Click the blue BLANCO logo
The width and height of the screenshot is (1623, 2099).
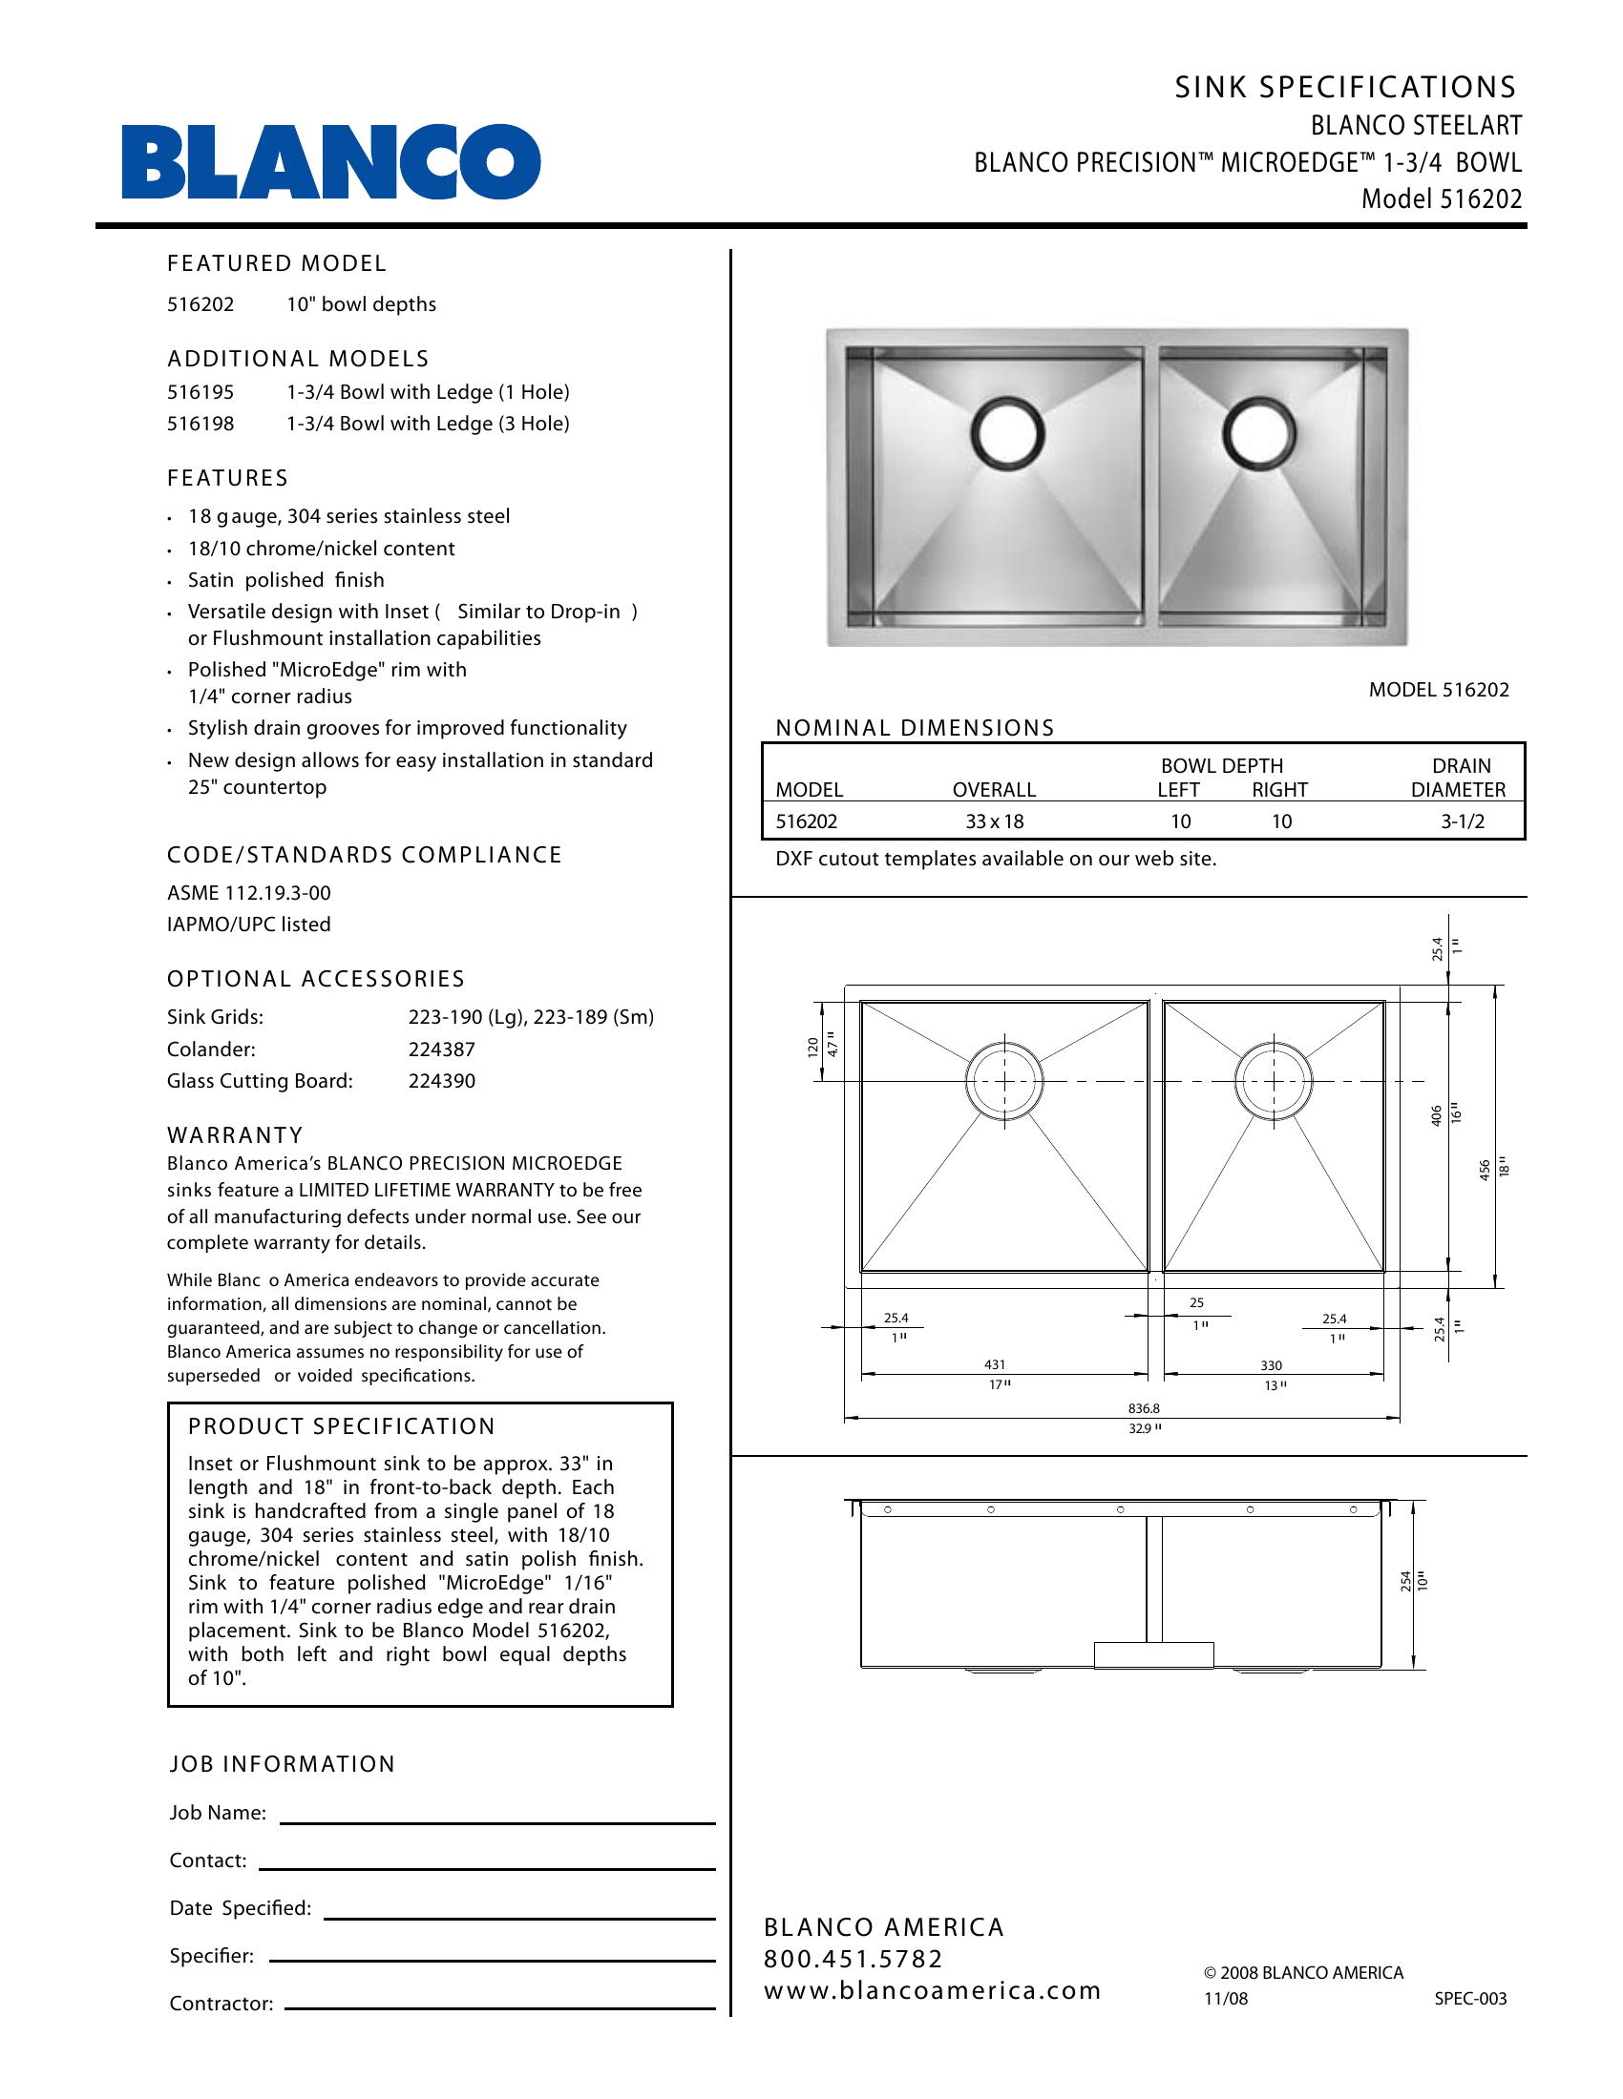[x=330, y=161]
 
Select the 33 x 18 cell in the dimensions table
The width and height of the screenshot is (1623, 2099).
[x=994, y=821]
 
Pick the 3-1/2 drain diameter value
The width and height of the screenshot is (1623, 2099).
[x=1463, y=821]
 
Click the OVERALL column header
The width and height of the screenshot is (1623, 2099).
[x=994, y=790]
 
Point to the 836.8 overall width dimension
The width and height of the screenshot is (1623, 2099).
[x=1143, y=1409]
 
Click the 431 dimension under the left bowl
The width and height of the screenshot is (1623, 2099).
[x=994, y=1364]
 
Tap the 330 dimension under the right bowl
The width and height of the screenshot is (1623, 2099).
[x=1271, y=1365]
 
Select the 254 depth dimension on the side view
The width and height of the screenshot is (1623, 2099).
[x=1405, y=1581]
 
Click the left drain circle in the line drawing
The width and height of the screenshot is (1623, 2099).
[x=1003, y=1081]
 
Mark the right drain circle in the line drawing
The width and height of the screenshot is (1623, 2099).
[x=1272, y=1081]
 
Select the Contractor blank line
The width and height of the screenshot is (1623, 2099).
[x=500, y=2006]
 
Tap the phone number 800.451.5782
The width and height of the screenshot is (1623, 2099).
[x=853, y=1959]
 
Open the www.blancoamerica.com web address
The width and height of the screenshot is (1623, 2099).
[x=932, y=1990]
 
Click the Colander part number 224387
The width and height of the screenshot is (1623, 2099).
[x=441, y=1049]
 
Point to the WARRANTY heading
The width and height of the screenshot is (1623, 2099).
[x=235, y=1135]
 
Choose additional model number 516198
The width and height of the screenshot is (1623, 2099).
[x=200, y=424]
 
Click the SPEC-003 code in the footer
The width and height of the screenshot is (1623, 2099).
[x=1470, y=1999]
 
